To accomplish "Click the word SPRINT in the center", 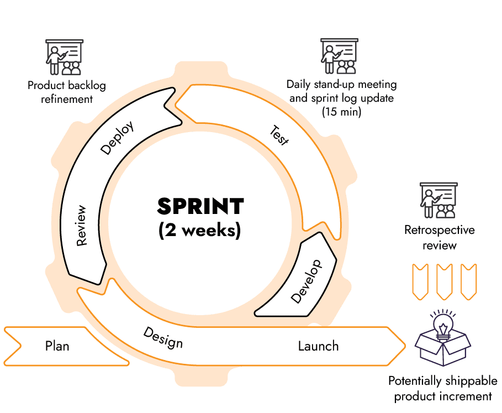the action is click(x=200, y=206).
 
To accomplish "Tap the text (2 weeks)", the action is click(x=199, y=230).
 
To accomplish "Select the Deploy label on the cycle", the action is click(x=117, y=138).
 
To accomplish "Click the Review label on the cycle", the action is click(x=81, y=226).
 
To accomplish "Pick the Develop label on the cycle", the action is click(x=306, y=281).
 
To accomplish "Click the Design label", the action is click(x=163, y=337).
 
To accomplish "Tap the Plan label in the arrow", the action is click(x=57, y=346).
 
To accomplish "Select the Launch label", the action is click(x=318, y=346).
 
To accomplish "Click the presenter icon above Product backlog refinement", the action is click(x=65, y=57).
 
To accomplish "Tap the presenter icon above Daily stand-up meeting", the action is click(x=340, y=56).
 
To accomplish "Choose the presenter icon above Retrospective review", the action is click(x=438, y=200).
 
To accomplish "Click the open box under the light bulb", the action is click(x=443, y=349).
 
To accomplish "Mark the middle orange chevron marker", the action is click(x=445, y=282).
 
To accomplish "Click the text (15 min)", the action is click(x=342, y=112).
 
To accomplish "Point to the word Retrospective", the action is click(x=439, y=230).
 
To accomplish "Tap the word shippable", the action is click(x=471, y=381).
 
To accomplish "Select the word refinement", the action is click(x=67, y=99).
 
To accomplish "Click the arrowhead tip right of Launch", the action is click(x=405, y=346).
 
